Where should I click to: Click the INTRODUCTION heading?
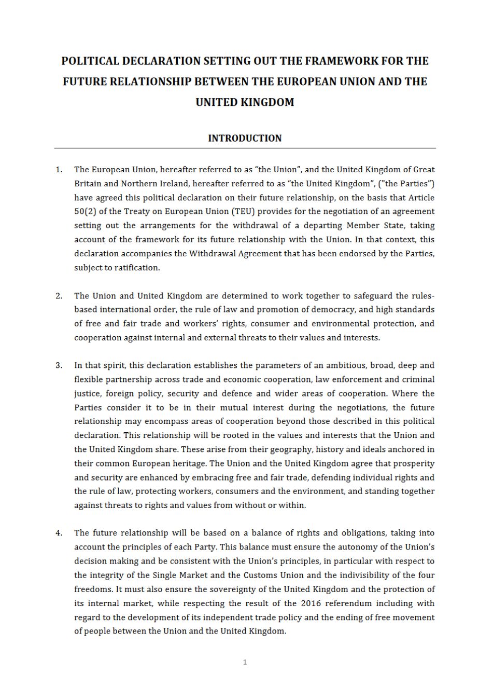coord(245,138)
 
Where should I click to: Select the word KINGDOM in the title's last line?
coord(267,102)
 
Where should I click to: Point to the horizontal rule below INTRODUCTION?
coord(245,148)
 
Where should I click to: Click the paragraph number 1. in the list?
coord(59,170)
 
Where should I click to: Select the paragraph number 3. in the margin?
coord(59,365)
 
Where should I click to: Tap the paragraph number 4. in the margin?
coord(59,533)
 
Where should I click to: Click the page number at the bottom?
coord(245,662)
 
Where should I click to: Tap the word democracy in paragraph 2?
coord(333,310)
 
